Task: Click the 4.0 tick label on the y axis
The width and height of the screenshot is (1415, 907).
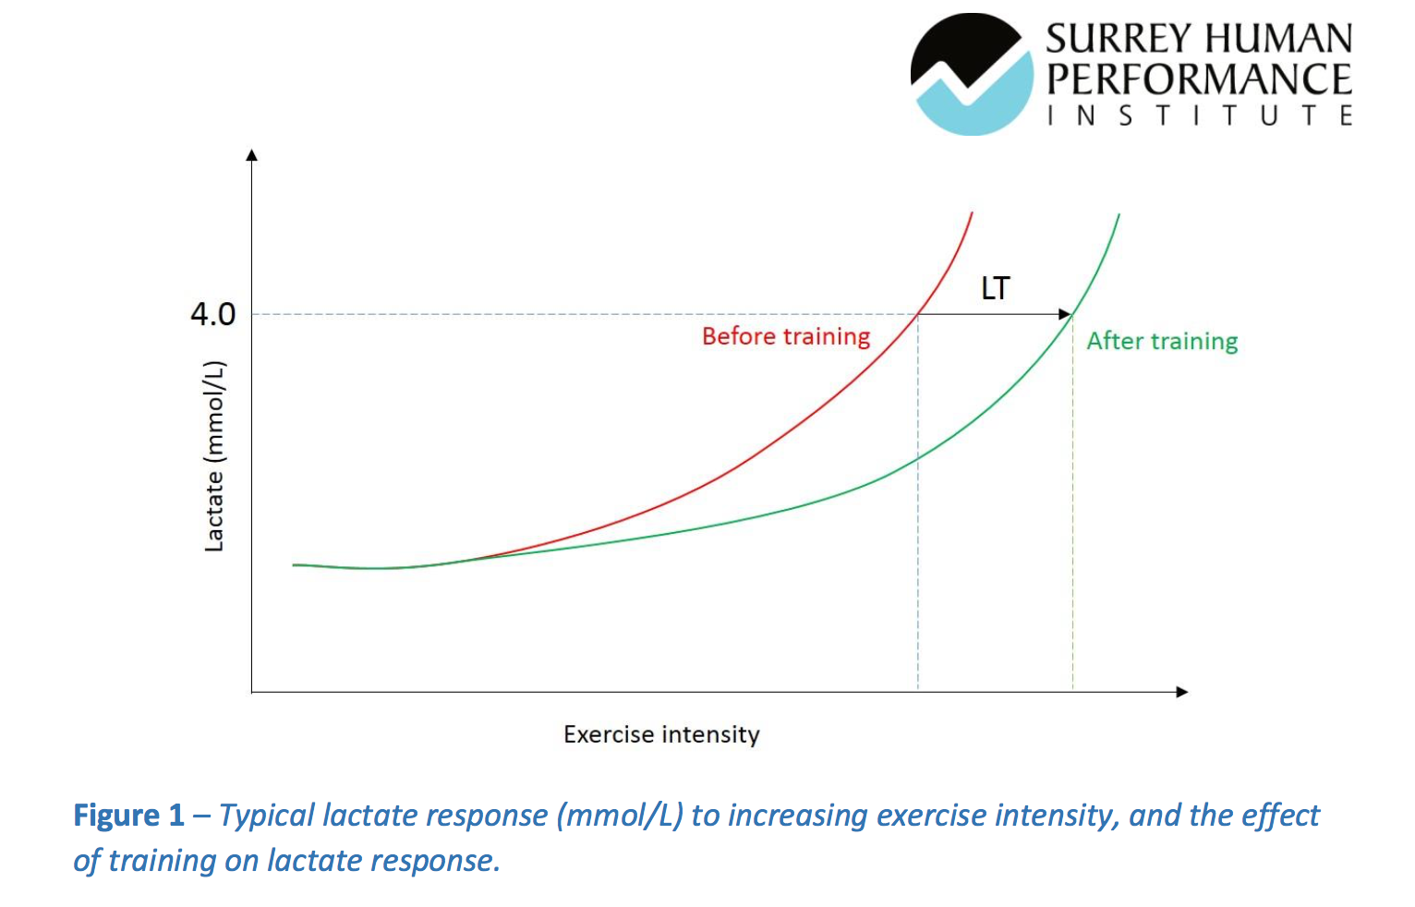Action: (213, 314)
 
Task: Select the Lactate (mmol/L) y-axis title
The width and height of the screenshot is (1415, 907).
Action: (214, 456)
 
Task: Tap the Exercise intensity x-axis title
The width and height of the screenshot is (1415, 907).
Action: (661, 734)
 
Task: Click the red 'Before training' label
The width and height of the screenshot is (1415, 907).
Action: (786, 336)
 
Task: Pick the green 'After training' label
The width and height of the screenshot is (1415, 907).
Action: (1162, 341)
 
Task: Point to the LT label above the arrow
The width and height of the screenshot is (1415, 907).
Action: (995, 288)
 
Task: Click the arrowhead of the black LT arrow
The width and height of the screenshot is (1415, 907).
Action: (1065, 314)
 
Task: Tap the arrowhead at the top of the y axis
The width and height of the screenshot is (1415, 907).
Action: (252, 155)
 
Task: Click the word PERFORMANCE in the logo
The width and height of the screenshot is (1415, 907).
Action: (1199, 79)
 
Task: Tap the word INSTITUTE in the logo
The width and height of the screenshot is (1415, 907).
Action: (1199, 115)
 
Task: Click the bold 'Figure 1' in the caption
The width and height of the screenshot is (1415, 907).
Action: (129, 816)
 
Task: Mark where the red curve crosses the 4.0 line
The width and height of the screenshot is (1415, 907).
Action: (918, 314)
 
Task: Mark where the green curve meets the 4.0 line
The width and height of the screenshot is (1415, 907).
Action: (1072, 314)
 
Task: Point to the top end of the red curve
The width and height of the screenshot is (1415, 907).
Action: (972, 214)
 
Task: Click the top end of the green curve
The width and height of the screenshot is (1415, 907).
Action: (1119, 215)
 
